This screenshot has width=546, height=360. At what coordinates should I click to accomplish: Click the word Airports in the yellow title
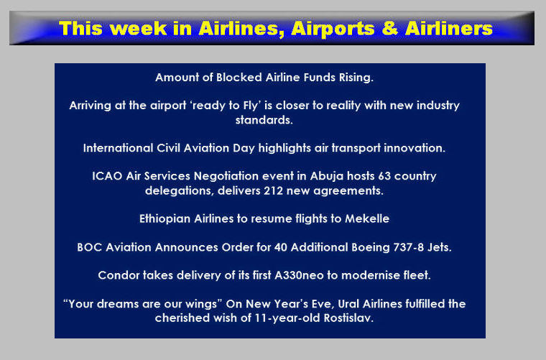(x=333, y=29)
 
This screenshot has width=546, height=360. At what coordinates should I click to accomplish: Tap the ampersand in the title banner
(x=389, y=28)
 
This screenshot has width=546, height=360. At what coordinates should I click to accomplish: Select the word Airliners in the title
(x=449, y=28)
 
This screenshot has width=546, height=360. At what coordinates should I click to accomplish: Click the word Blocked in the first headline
(x=239, y=78)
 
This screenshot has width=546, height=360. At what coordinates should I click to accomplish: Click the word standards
(x=264, y=120)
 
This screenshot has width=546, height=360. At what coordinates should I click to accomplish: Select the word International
(x=118, y=148)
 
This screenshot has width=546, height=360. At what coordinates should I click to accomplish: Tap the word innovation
(x=415, y=148)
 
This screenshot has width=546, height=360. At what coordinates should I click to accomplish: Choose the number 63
(x=384, y=176)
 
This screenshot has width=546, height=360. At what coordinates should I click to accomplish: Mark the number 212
(x=273, y=191)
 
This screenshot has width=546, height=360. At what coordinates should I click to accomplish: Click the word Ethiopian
(x=165, y=218)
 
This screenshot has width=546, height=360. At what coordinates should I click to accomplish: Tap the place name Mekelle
(x=367, y=218)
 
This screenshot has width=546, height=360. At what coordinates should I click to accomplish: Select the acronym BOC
(x=90, y=247)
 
